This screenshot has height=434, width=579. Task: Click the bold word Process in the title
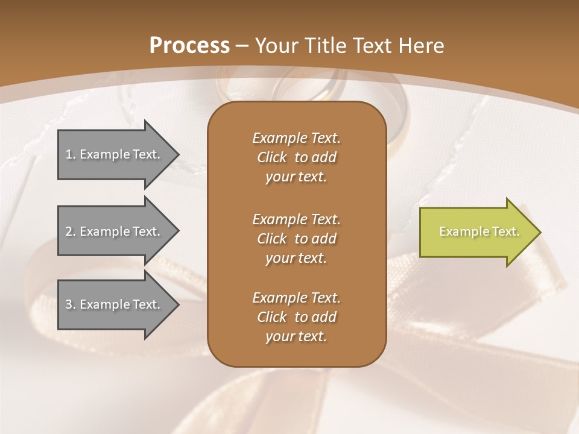point(189,45)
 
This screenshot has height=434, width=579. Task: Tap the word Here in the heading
point(422,45)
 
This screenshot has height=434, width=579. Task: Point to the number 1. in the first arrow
point(71,154)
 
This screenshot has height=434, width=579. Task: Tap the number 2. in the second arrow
point(71,231)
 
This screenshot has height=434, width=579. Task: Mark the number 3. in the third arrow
point(71,304)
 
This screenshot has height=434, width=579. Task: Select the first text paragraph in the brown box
point(296,157)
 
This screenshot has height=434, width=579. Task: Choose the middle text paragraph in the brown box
point(296,238)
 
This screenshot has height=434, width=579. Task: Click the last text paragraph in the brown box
point(296,317)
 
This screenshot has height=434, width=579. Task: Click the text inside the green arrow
point(479,231)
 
